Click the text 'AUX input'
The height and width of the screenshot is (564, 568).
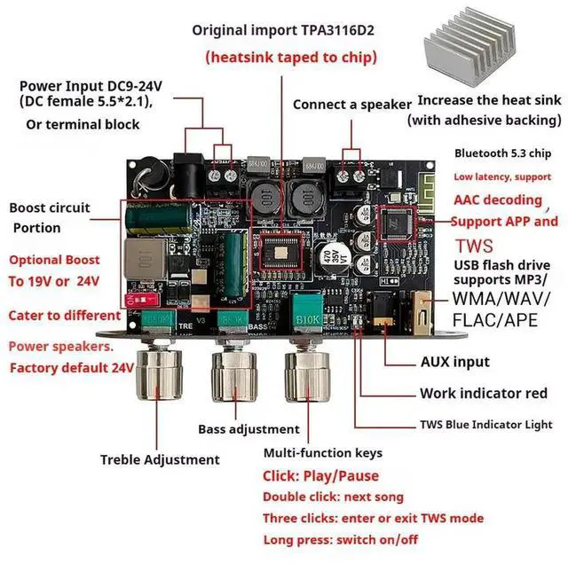pos(455,362)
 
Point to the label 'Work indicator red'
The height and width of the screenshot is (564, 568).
pos(483,393)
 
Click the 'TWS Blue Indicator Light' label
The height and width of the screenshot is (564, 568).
pos(485,425)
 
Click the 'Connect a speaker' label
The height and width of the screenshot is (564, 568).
pos(351,104)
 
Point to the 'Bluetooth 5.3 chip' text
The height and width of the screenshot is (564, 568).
pos(502,152)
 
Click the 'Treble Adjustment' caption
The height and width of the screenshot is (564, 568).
pos(160,459)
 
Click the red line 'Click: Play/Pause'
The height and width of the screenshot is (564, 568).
pos(320,476)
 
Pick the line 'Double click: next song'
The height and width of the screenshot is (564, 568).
pos(333,497)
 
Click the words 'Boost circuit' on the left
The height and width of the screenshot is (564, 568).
pos(50,208)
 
